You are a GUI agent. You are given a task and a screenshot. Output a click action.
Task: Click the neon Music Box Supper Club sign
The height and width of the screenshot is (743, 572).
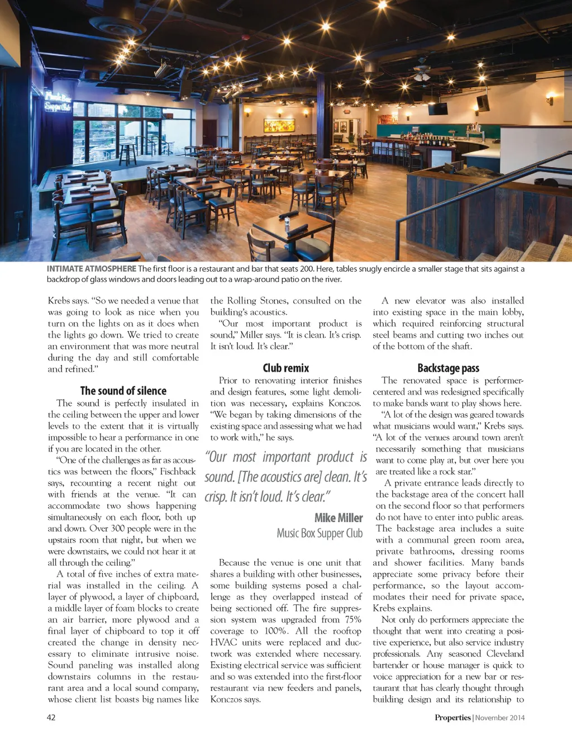pos(58,101)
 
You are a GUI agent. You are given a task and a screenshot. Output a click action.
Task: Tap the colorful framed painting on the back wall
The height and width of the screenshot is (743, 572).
pos(279,126)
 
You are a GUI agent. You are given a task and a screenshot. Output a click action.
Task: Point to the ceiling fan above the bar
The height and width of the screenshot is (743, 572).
pos(422,73)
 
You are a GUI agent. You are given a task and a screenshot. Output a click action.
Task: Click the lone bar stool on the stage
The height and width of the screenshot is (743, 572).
pos(127,153)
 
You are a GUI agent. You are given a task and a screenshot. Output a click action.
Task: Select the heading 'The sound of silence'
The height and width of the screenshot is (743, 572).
pos(123,391)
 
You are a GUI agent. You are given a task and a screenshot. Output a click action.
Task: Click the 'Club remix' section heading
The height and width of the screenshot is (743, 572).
pos(286,368)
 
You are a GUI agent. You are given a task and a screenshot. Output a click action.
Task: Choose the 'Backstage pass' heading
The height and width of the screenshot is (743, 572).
pos(448,368)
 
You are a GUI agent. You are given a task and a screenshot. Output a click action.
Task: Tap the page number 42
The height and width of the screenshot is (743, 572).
pos(51,717)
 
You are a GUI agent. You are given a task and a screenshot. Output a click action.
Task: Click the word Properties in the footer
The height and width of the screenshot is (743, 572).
pos(452,717)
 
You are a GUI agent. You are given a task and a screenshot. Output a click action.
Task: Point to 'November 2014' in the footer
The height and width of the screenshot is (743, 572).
pos(500,717)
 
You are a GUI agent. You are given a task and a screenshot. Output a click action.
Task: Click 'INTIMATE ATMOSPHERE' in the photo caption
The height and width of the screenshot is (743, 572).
pos(91,269)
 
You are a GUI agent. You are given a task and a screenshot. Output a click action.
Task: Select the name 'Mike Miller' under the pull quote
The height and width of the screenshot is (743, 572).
pos(339,518)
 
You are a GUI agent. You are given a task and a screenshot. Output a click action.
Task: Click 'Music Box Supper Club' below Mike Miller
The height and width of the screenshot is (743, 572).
pos(320,533)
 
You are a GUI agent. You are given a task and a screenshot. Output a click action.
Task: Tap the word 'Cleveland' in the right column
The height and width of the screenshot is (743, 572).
pos(505,654)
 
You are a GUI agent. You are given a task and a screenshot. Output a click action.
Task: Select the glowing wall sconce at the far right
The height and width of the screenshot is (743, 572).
pos(551,101)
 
